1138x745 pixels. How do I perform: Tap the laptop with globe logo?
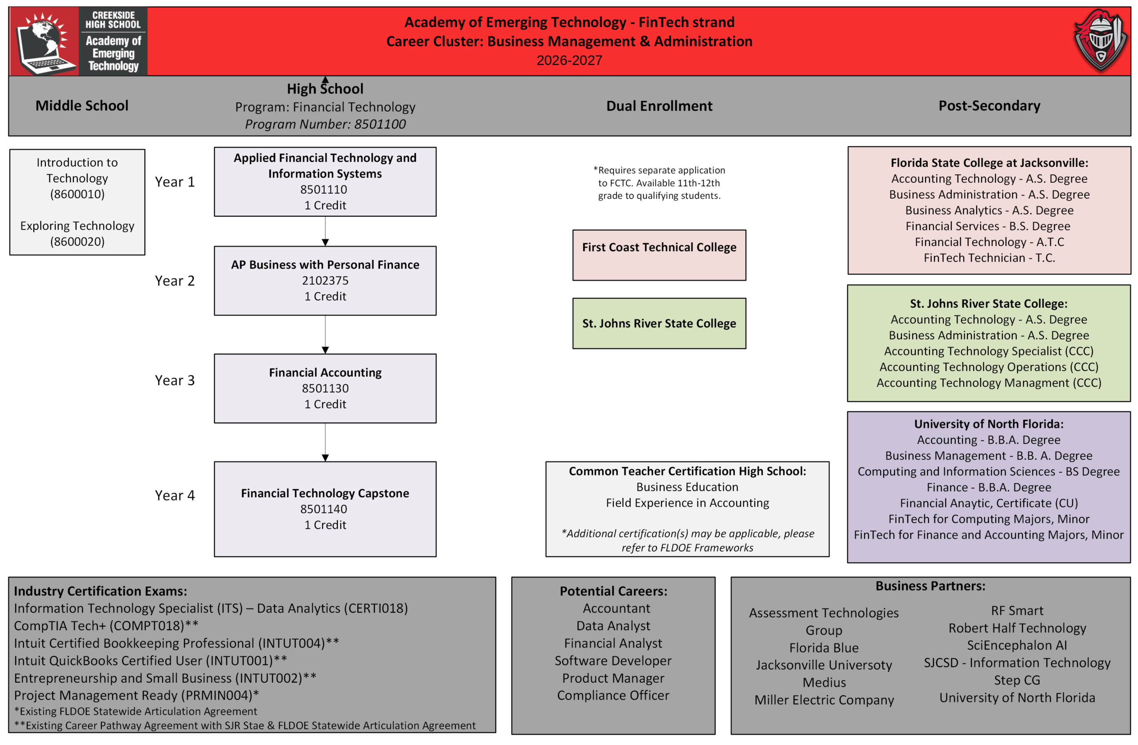44,42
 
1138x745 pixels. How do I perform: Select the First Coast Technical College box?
659,255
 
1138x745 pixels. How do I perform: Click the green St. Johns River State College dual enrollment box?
659,323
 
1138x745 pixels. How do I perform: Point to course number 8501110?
324,189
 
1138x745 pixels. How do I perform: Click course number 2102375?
325,280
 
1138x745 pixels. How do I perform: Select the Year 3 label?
175,380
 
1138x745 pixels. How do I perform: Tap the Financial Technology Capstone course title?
325,493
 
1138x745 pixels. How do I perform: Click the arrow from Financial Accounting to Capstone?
325,442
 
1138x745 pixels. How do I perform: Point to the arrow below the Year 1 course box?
325,231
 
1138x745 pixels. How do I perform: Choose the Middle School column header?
82,105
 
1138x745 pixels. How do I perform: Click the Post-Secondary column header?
989,105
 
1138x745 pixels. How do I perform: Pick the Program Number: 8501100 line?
325,124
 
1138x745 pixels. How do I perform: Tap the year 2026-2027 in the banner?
569,60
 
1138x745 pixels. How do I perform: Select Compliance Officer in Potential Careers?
613,695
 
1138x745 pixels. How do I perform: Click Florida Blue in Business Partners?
824,648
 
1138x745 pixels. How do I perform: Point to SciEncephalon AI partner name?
1017,645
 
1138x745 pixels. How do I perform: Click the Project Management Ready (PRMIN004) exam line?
136,695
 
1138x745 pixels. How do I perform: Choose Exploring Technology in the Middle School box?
77,226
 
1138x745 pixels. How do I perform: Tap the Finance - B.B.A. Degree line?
989,487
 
